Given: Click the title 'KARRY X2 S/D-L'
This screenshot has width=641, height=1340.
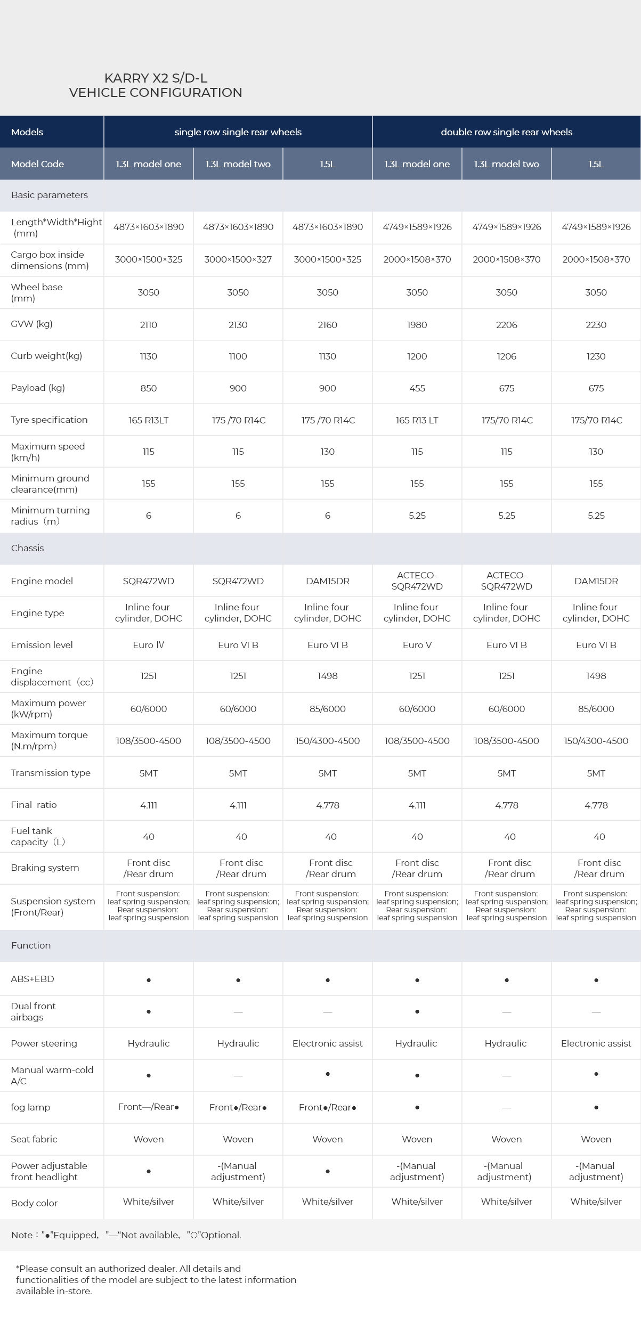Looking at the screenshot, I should pyautogui.click(x=156, y=78).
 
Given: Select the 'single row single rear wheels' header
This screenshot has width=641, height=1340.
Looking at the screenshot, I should pyautogui.click(x=238, y=132).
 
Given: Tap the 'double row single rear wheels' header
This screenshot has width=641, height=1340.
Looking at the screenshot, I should pyautogui.click(x=506, y=132).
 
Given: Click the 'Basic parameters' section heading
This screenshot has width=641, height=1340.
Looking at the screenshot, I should pyautogui.click(x=50, y=195).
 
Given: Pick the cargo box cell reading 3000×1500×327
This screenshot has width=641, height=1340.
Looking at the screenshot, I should pyautogui.click(x=238, y=259).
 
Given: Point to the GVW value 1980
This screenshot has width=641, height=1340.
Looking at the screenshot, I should pyautogui.click(x=417, y=325).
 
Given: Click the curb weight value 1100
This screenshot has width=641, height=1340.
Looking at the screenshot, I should pyautogui.click(x=238, y=356).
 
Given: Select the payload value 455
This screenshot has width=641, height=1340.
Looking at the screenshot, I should pyautogui.click(x=417, y=388).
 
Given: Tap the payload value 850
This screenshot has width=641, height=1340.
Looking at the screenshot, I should pyautogui.click(x=148, y=388).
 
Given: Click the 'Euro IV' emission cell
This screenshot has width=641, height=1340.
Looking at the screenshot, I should pyautogui.click(x=148, y=645).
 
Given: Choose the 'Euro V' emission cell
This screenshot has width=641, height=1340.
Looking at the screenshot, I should pyautogui.click(x=417, y=645).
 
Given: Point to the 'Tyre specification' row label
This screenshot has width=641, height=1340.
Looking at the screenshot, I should pyautogui.click(x=49, y=420).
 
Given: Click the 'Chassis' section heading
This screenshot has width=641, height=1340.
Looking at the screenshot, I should pyautogui.click(x=27, y=548).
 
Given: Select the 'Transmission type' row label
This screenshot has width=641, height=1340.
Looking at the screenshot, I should pyautogui.click(x=51, y=773).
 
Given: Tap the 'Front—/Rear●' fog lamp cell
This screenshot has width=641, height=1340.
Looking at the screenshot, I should pyautogui.click(x=148, y=1107).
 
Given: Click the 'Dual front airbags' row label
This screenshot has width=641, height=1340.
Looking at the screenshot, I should pyautogui.click(x=33, y=1011).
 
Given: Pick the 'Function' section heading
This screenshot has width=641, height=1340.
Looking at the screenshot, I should pyautogui.click(x=31, y=945).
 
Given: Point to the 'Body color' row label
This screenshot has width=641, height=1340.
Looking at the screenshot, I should pyautogui.click(x=34, y=1203).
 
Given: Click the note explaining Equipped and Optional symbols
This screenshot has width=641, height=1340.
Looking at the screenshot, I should pyautogui.click(x=126, y=1235).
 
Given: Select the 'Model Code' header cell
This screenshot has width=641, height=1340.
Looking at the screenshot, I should pyautogui.click(x=37, y=164).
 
